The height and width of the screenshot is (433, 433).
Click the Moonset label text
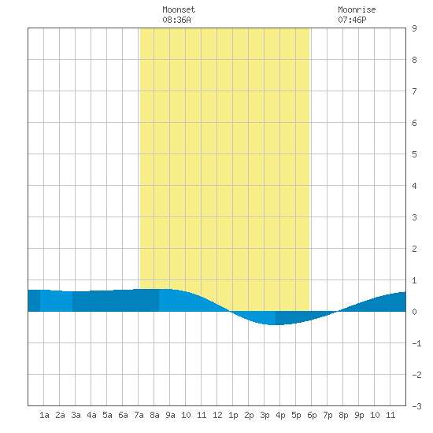[x=179, y=9]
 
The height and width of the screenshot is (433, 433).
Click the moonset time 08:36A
[x=176, y=20]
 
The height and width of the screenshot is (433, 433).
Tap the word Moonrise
[x=357, y=9]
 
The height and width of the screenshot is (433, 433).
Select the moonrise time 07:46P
[x=352, y=20]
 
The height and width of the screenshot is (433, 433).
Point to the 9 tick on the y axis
[x=414, y=28]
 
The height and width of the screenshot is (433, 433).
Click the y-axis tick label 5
[x=414, y=154]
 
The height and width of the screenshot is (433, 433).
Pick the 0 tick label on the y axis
[x=414, y=312]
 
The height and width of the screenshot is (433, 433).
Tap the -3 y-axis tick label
[x=416, y=406]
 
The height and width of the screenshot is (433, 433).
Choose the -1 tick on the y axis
[x=416, y=343]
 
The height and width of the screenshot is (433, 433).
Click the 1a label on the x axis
[x=44, y=415]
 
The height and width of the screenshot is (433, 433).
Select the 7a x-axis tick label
[x=139, y=415]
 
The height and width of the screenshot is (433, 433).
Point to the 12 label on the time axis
[x=217, y=415]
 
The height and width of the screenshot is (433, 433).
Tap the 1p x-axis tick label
[x=233, y=416]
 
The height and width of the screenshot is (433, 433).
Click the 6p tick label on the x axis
[x=312, y=416]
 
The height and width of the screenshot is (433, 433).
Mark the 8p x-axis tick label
[x=343, y=416]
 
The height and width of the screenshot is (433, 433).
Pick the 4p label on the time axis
[x=280, y=416]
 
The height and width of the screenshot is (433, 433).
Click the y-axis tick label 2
[x=414, y=249]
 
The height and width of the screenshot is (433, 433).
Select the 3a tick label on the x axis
[x=76, y=415]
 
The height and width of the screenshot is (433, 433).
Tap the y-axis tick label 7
[x=414, y=91]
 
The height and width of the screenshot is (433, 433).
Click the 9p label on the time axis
[x=359, y=416]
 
